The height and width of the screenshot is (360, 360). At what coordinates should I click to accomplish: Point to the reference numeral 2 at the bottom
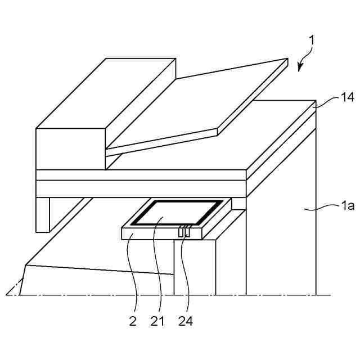[133, 321]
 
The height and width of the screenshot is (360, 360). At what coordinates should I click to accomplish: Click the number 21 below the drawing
[157, 321]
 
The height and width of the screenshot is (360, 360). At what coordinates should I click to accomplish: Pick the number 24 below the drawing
[186, 321]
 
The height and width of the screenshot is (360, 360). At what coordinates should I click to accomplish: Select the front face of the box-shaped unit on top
[71, 149]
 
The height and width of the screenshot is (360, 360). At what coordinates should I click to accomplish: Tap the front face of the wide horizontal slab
[141, 188]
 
